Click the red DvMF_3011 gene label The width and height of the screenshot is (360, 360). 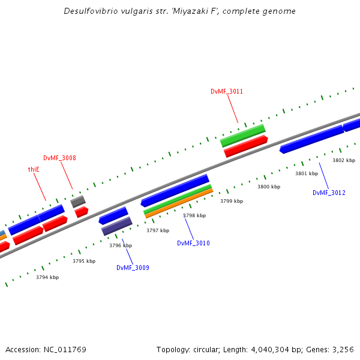[227, 91]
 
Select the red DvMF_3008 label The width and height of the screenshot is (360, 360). [59, 158]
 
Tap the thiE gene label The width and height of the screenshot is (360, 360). [34, 169]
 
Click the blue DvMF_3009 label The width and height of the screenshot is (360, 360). [133, 268]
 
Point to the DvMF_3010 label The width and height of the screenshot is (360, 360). [193, 243]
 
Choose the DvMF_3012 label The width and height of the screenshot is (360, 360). [329, 193]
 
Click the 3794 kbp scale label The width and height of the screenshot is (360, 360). [47, 277]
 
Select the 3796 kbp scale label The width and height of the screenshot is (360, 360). [120, 245]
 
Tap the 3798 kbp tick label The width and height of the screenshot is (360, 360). [194, 215]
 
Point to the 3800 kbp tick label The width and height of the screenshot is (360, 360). [269, 187]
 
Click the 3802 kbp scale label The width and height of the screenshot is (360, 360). [344, 160]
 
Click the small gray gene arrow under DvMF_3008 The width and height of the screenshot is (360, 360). [78, 202]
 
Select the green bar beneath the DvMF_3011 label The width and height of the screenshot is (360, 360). [242, 136]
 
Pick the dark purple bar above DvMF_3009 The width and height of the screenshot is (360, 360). [116, 226]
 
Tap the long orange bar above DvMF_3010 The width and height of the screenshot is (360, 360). [179, 203]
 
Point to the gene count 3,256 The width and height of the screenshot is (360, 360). [343, 349]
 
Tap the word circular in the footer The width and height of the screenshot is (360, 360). [205, 349]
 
